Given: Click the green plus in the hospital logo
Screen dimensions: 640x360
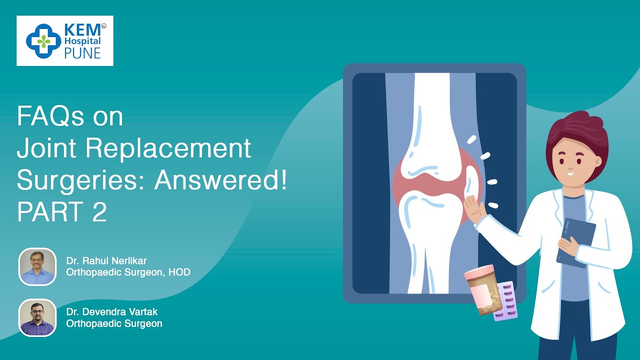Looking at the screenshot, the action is point(43,41).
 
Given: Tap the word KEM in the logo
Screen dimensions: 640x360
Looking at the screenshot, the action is point(82,30).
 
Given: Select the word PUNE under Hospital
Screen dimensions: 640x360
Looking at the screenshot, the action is point(82,53).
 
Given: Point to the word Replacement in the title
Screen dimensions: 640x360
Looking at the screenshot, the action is point(168,148).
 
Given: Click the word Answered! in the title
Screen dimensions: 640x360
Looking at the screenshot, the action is point(220,180).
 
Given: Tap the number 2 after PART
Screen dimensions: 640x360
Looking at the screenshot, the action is point(99,211).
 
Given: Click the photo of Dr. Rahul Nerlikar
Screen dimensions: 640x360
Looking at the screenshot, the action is point(37,267).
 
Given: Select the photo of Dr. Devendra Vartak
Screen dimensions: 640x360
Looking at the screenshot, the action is point(37,317).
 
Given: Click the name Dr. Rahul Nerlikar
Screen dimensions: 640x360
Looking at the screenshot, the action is point(106,260).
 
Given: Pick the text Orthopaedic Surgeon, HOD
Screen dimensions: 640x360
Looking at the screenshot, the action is point(128,272).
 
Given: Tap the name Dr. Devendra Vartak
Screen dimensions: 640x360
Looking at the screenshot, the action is point(112,311).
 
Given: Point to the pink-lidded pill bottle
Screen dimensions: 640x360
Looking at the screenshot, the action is point(483,289).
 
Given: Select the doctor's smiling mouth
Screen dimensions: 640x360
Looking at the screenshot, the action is point(570,173).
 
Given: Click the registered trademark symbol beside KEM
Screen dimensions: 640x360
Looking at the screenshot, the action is point(103,26).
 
